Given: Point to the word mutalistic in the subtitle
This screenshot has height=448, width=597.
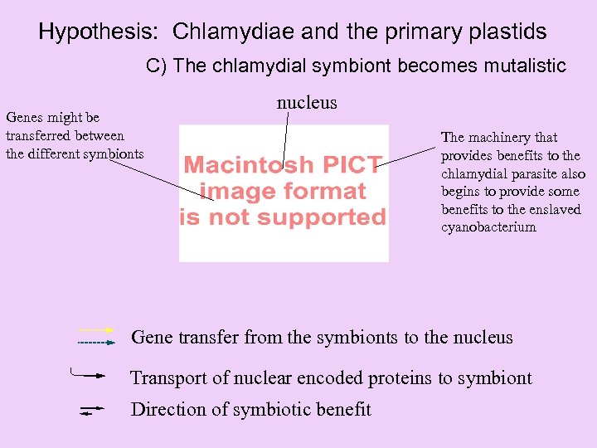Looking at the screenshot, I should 520,66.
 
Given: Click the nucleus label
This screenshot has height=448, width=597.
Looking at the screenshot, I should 307,102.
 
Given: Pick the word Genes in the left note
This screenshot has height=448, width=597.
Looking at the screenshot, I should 24,118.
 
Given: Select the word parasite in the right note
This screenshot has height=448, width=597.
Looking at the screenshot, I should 529,173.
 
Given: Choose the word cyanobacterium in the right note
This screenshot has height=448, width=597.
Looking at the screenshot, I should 488,227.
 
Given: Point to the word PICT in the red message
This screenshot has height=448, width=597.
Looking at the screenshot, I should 352,164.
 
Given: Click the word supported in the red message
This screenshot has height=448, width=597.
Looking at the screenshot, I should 334,217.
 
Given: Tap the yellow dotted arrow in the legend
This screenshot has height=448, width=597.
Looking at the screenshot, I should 95,330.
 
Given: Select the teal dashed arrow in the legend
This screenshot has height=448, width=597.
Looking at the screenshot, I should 95,342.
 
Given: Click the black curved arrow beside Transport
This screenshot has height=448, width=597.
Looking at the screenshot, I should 88,374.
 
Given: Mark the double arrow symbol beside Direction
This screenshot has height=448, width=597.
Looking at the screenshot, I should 90,410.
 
